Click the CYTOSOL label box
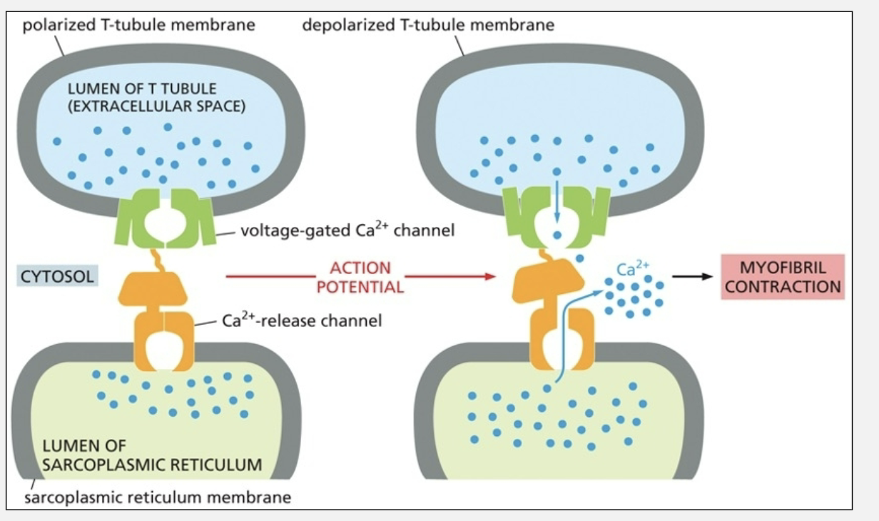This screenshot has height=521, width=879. [58, 276]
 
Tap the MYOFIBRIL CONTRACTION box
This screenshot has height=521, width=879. [783, 277]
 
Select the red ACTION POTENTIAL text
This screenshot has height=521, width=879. [360, 277]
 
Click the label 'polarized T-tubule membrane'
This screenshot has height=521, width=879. [138, 26]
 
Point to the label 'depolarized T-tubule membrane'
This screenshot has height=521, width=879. [428, 26]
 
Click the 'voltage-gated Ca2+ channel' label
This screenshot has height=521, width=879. [347, 231]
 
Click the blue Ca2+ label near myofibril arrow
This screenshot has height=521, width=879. [633, 270]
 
